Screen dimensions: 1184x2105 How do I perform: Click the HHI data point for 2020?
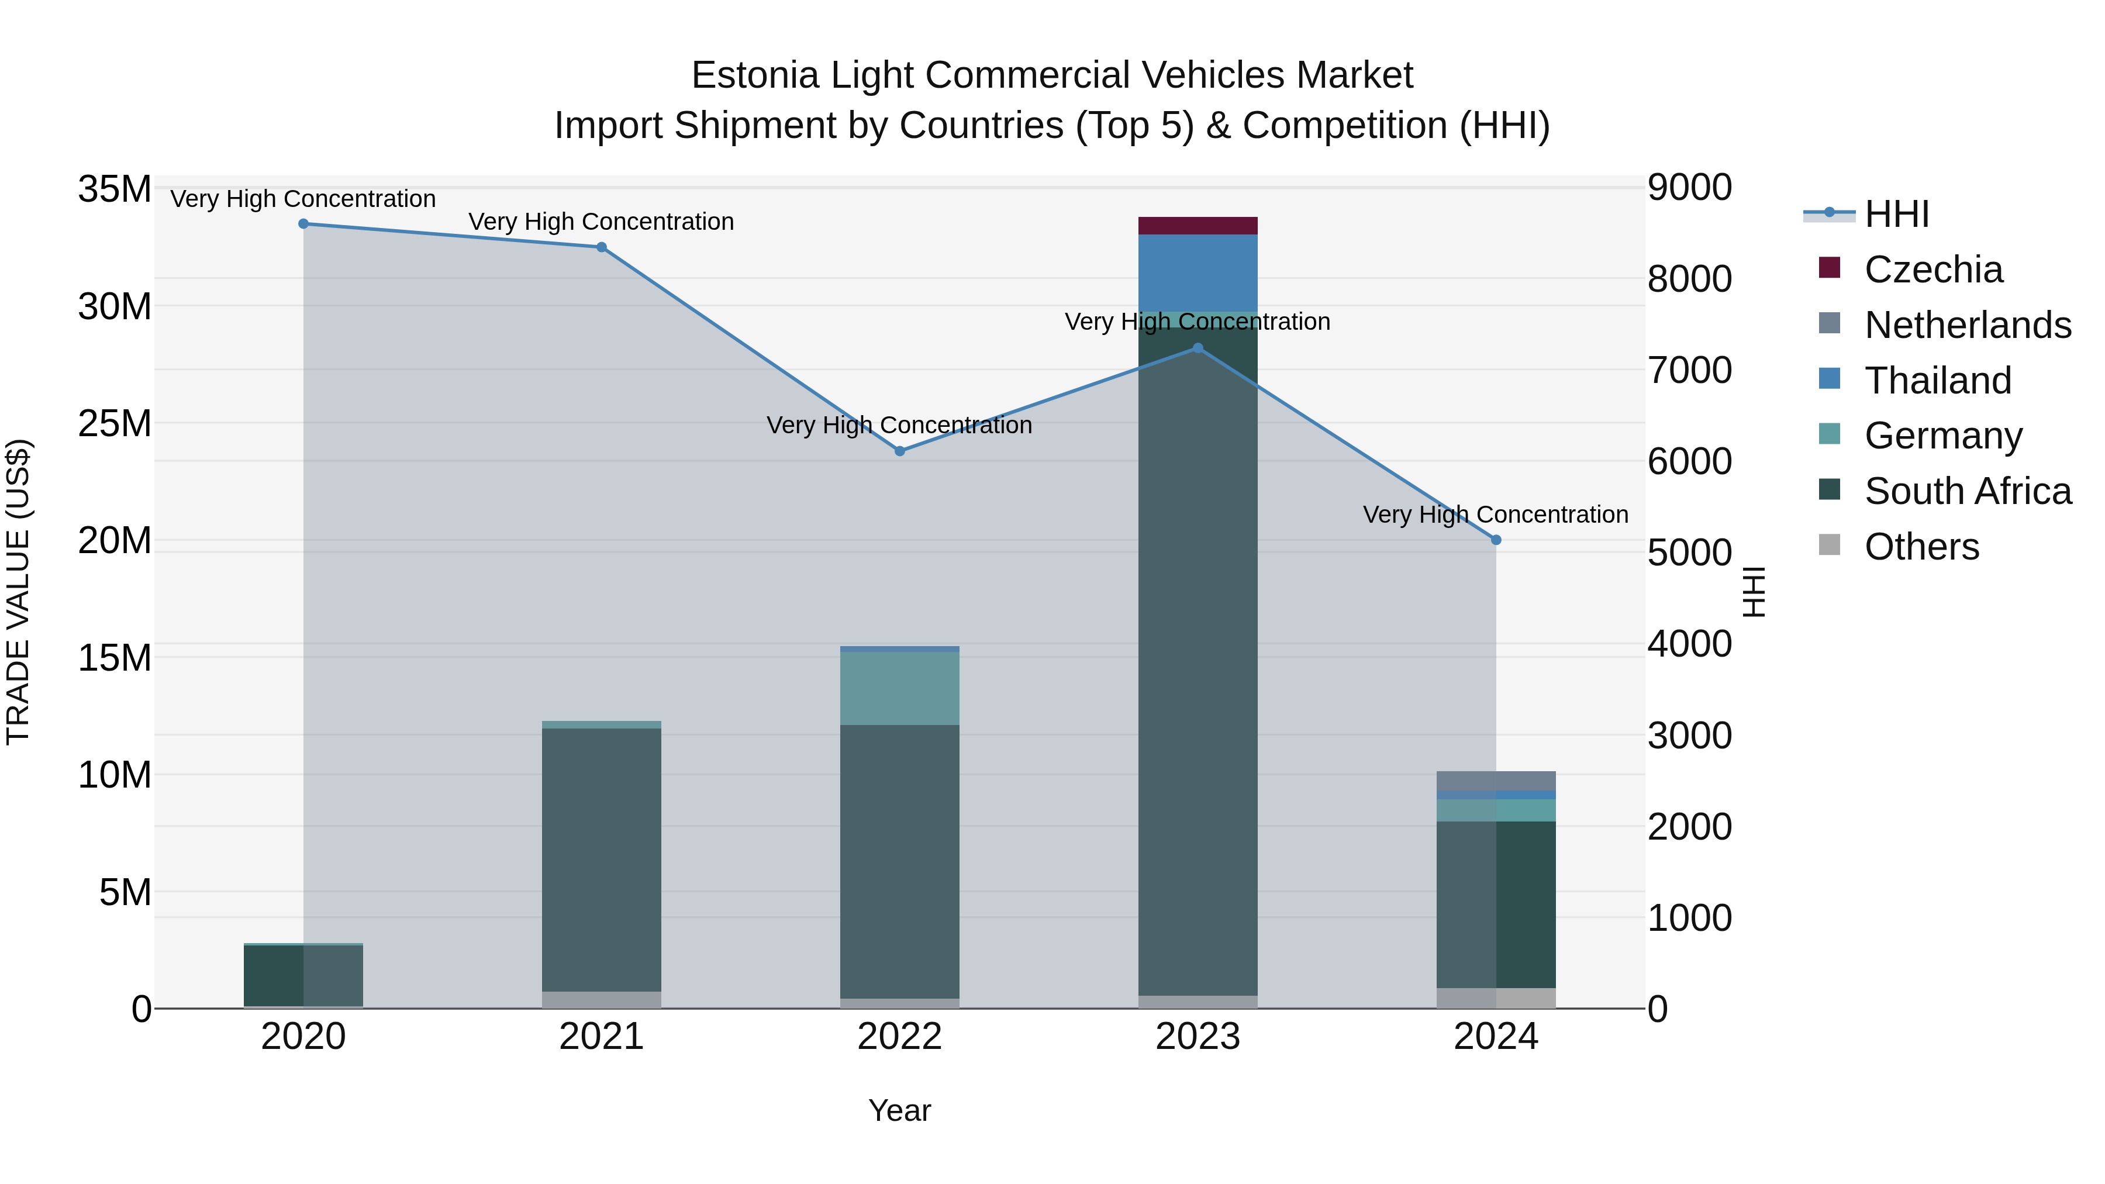pyautogui.click(x=303, y=224)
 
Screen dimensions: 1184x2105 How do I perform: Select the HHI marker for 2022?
pyautogui.click(x=900, y=451)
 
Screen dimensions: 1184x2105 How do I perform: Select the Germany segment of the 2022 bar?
pyautogui.click(x=900, y=688)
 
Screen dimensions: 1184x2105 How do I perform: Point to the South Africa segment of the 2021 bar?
pyautogui.click(x=602, y=858)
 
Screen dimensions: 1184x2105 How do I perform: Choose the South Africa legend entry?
pyautogui.click(x=1967, y=491)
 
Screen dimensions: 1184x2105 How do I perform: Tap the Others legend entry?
pyautogui.click(x=1921, y=547)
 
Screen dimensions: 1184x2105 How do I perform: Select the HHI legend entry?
pyautogui.click(x=1896, y=214)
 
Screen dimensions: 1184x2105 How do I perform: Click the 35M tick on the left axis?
pyautogui.click(x=115, y=189)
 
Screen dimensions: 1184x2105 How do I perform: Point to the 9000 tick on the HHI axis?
pyautogui.click(x=1688, y=188)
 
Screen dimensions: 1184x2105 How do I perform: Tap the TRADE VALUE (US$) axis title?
pyautogui.click(x=18, y=592)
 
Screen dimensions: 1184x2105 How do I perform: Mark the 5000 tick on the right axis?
pyautogui.click(x=1688, y=553)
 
